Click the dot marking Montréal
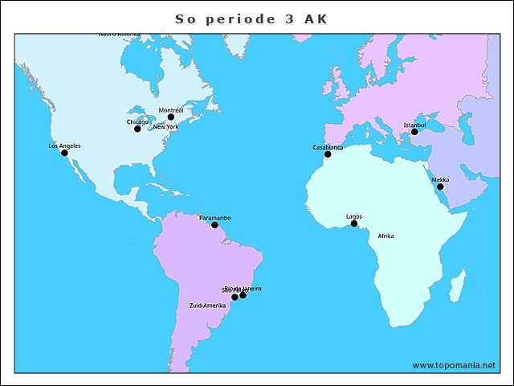170,117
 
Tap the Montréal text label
171,109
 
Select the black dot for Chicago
137,129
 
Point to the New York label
166,126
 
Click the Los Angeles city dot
64,153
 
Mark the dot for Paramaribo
214,224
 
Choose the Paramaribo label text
214,217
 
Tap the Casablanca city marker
328,154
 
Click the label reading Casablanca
328,147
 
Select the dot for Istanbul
414,132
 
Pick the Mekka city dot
440,187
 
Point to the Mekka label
440,179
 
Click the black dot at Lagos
353,224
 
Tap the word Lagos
353,216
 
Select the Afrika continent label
385,236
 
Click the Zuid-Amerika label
207,306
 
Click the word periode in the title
241,19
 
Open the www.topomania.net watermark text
454,365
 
